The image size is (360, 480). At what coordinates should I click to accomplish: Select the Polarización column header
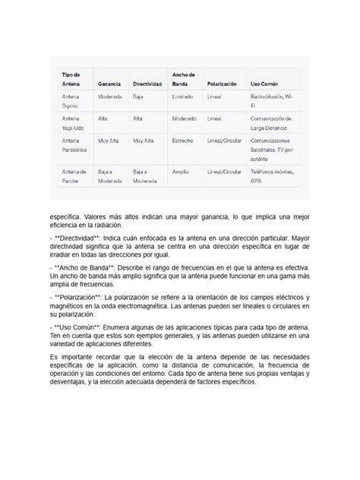[x=222, y=83]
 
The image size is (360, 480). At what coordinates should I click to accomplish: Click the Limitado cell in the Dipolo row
[x=183, y=97]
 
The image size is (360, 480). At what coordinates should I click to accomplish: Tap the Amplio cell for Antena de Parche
[x=182, y=172]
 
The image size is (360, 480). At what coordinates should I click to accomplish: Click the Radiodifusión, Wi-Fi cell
[x=270, y=102]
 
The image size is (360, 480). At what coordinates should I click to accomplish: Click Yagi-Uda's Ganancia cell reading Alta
[x=103, y=119]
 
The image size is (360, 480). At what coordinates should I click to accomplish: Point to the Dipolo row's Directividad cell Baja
[x=139, y=97]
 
